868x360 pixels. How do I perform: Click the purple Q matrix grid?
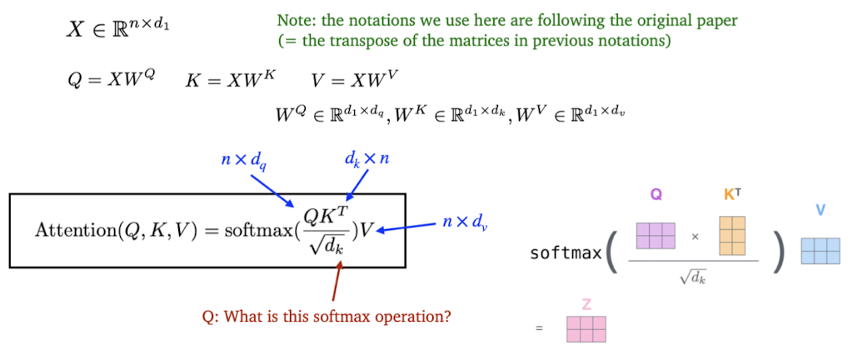pos(656,235)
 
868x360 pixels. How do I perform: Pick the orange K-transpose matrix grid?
pos(732,235)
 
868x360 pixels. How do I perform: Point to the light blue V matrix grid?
pos(821,251)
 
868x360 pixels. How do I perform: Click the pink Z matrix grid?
pos(586,329)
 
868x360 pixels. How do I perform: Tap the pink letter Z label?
pos(586,305)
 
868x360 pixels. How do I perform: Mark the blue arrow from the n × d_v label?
pos(406,227)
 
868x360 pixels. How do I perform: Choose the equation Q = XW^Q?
pos(111,80)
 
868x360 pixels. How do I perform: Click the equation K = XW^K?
pos(229,80)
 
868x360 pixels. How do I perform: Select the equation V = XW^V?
pos(354,80)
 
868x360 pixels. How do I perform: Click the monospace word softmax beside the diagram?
pos(565,253)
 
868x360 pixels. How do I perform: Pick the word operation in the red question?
pos(422,317)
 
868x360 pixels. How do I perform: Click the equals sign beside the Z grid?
pos(539,328)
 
